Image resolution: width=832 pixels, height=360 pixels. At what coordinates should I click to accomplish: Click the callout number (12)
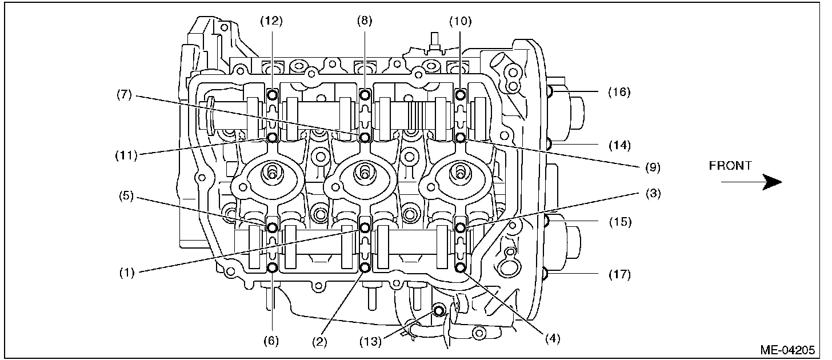coord(271,21)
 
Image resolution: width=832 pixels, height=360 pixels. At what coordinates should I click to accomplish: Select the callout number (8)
coord(365,21)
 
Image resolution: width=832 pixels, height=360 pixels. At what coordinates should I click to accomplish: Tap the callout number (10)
coord(461,21)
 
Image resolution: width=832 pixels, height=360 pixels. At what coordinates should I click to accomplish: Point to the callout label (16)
coord(619,92)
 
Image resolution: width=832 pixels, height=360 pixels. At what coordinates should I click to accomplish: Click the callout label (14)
coord(619,145)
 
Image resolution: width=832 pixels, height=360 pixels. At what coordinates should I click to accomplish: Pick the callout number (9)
coord(653,167)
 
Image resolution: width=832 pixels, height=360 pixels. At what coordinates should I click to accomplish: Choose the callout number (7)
coord(124,94)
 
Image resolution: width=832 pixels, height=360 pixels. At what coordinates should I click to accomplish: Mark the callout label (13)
coord(371,341)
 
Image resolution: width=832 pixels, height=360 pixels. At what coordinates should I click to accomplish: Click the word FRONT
coord(730,166)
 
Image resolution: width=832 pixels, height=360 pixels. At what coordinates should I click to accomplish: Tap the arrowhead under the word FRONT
coord(773,182)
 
